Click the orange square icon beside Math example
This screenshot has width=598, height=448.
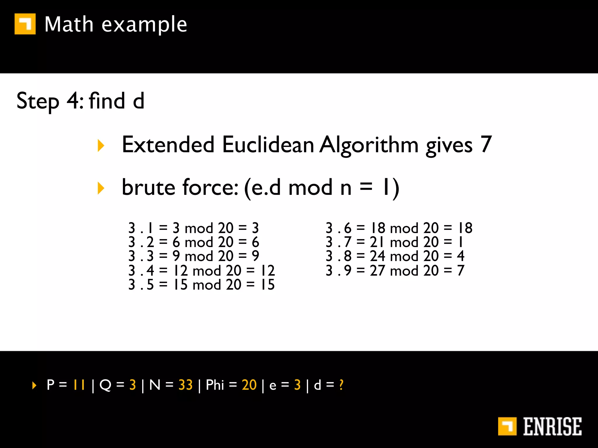pyautogui.click(x=25, y=24)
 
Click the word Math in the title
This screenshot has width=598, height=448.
pyautogui.click(x=69, y=24)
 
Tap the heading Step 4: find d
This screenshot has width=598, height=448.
pyautogui.click(x=80, y=101)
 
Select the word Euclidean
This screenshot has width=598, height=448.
pyautogui.click(x=268, y=145)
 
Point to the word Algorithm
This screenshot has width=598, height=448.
pyautogui.click(x=369, y=145)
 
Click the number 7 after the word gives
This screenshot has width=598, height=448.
pyautogui.click(x=486, y=144)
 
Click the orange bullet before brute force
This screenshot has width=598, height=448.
pyautogui.click(x=101, y=188)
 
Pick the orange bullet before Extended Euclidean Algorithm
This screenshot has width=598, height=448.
pyautogui.click(x=101, y=145)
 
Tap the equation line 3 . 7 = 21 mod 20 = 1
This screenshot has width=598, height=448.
pyautogui.click(x=394, y=242)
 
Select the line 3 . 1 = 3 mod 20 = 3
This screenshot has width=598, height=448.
pyautogui.click(x=194, y=228)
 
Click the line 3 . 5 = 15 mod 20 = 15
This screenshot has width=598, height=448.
pyautogui.click(x=201, y=285)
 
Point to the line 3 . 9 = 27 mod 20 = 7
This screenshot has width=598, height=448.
pyautogui.click(x=395, y=270)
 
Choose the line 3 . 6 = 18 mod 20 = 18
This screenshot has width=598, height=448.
pyautogui.click(x=399, y=228)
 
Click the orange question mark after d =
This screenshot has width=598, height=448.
pyautogui.click(x=341, y=385)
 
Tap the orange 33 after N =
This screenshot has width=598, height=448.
pyautogui.click(x=185, y=385)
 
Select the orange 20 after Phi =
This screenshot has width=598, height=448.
pyautogui.click(x=249, y=385)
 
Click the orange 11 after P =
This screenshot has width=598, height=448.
pyautogui.click(x=79, y=385)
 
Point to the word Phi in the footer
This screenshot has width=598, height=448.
pyautogui.click(x=215, y=385)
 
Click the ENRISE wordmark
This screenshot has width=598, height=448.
pyautogui.click(x=552, y=426)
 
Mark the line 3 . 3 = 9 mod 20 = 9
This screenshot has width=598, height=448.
pyautogui.click(x=194, y=256)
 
